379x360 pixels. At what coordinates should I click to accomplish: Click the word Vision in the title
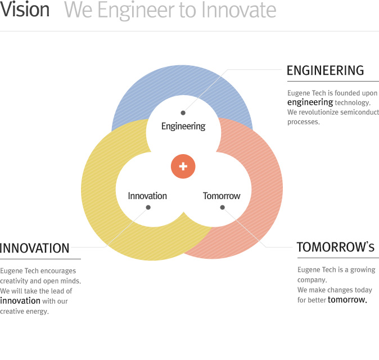(25, 9)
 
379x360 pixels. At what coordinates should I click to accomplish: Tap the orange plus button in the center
(183, 166)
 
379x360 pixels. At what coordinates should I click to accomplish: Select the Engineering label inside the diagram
(183, 127)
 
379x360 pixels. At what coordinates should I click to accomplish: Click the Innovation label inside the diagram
(147, 196)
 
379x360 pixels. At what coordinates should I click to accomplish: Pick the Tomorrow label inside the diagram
(222, 196)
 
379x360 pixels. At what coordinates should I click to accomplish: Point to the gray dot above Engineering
(183, 113)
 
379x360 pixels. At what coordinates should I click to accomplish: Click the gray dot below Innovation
(148, 208)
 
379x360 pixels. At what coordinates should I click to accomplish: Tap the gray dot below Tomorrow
(222, 208)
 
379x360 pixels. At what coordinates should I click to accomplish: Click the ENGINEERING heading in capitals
(326, 71)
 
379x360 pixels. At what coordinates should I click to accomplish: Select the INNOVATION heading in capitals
(34, 248)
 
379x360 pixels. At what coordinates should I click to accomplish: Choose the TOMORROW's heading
(336, 247)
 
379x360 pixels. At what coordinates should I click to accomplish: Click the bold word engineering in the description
(310, 102)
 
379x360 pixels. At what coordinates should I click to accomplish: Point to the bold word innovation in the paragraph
(20, 301)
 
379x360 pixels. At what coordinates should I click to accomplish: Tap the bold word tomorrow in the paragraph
(348, 300)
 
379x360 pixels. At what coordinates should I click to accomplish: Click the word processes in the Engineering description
(303, 122)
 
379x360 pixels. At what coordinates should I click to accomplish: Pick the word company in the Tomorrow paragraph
(312, 280)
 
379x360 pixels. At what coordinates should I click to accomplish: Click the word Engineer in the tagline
(136, 10)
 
